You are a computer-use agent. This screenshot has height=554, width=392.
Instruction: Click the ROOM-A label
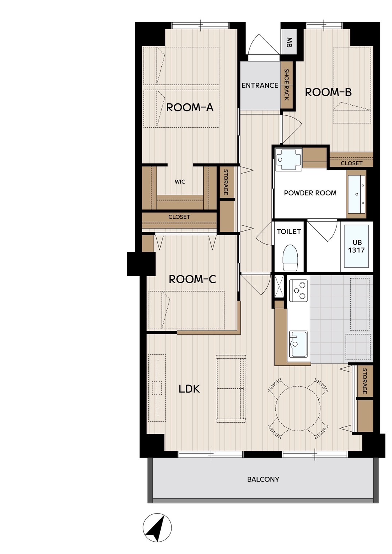click(189, 108)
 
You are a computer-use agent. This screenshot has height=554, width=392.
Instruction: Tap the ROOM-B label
click(328, 92)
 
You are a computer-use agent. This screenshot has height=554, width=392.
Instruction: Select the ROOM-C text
click(192, 280)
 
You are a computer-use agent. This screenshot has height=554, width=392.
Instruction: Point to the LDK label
click(189, 389)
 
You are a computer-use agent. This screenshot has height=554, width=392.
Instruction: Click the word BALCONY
click(263, 479)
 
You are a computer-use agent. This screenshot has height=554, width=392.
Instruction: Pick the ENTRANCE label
click(260, 85)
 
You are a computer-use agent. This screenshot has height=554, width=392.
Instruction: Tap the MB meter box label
click(289, 42)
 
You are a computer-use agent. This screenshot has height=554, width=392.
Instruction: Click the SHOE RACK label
click(286, 84)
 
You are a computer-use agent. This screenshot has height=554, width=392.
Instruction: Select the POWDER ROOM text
click(310, 193)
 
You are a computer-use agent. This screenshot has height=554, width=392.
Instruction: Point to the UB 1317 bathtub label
click(356, 246)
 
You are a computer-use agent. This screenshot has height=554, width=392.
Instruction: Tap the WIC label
click(180, 182)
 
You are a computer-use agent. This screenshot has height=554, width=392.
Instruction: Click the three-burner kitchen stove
click(298, 290)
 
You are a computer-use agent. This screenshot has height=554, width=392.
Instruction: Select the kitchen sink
click(298, 344)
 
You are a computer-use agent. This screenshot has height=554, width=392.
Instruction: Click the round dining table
click(298, 408)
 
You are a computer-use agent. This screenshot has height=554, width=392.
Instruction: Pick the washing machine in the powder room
click(289, 159)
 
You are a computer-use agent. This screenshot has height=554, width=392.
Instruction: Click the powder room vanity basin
click(357, 194)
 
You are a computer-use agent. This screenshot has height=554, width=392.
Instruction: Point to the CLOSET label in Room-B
click(352, 163)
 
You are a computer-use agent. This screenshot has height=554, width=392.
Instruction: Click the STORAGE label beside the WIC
click(226, 182)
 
